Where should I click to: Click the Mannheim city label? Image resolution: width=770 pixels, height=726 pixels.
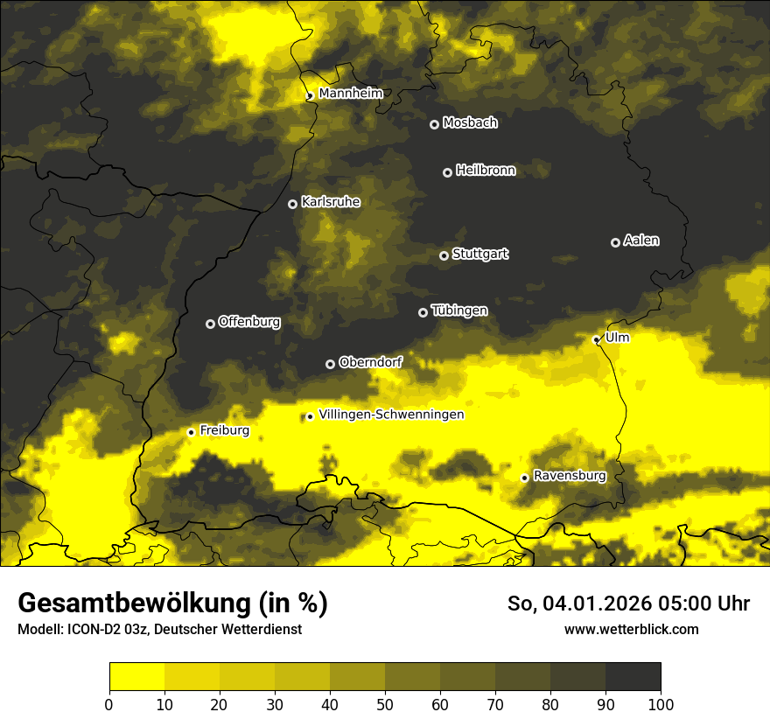[x=350, y=94]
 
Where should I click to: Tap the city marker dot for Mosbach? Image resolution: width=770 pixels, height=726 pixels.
[x=434, y=124]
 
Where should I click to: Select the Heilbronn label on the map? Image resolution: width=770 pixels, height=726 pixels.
[x=486, y=171]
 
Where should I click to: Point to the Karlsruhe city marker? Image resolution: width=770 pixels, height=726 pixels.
[x=292, y=204]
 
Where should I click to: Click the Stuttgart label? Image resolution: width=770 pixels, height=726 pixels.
[x=479, y=255]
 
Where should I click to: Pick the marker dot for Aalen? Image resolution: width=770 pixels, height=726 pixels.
[x=615, y=242]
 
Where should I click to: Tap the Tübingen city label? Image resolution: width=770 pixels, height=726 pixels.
[x=459, y=311]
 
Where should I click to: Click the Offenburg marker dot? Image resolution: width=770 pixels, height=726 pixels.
[x=210, y=324]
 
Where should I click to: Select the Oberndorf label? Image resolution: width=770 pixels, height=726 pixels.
[x=370, y=362]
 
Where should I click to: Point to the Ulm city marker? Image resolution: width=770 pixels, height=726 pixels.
[x=596, y=339]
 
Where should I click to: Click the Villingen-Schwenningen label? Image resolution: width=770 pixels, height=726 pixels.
[x=391, y=415]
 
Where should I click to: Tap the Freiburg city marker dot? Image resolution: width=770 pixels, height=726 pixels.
[x=191, y=432]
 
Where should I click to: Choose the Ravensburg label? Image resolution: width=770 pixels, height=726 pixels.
[x=570, y=476]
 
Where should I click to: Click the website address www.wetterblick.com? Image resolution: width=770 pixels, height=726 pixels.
[x=631, y=629]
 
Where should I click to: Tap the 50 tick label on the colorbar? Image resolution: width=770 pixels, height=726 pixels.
[x=385, y=703]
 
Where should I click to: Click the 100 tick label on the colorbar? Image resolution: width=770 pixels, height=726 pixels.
[x=661, y=703]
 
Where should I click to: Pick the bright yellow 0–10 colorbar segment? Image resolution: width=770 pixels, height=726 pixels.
[x=136, y=677]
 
